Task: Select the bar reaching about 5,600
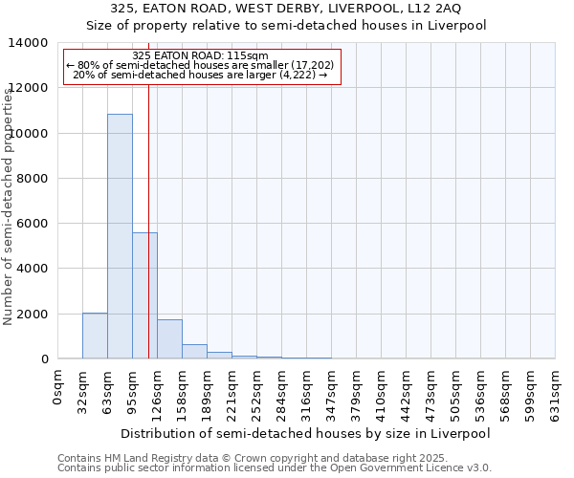pos(144,295)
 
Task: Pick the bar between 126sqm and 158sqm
pos(169,339)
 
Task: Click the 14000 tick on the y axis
pos(31,43)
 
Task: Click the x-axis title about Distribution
pos(306,433)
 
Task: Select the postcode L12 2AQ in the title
pos(438,9)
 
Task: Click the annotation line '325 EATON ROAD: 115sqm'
pos(201,56)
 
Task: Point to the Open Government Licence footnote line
pos(275,467)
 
